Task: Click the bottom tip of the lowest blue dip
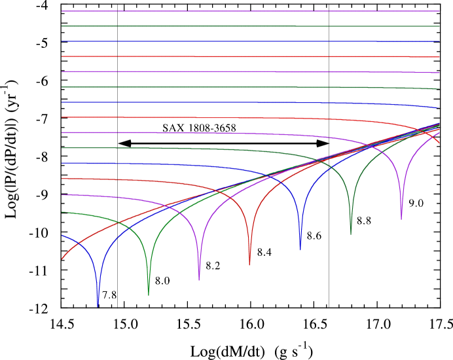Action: [x=98, y=306]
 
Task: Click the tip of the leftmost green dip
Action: [x=149, y=295]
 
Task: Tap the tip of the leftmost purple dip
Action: [x=199, y=279]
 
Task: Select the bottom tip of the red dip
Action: [x=249, y=264]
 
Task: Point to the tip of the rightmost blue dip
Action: [x=300, y=249]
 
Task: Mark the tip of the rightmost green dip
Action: [x=351, y=234]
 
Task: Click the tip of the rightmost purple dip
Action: [x=401, y=219]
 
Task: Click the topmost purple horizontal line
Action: [x=249, y=11]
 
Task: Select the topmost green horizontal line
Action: [x=249, y=26]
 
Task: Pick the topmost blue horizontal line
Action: [x=249, y=41]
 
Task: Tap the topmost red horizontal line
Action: [x=249, y=57]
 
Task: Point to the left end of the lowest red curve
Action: [x=62, y=259]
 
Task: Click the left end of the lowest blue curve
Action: [x=62, y=235]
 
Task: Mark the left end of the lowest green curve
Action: [x=62, y=212]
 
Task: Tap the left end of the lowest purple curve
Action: [x=62, y=195]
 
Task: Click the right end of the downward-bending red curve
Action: [x=439, y=143]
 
